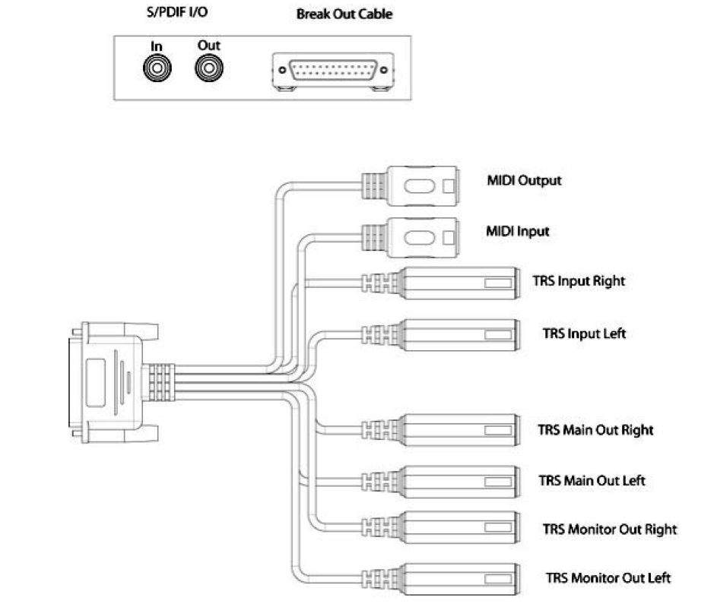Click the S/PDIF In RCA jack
(x=157, y=68)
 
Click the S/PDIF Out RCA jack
(x=209, y=68)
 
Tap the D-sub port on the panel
(x=333, y=71)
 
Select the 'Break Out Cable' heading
(x=344, y=14)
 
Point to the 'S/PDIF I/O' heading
(x=177, y=12)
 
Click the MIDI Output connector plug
(x=411, y=186)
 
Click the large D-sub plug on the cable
(x=114, y=382)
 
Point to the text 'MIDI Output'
(x=524, y=181)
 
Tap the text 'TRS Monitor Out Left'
(x=608, y=578)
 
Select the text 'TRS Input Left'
(x=584, y=334)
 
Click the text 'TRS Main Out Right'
(x=595, y=431)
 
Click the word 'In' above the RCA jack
(x=156, y=46)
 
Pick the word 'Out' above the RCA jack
(x=209, y=46)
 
